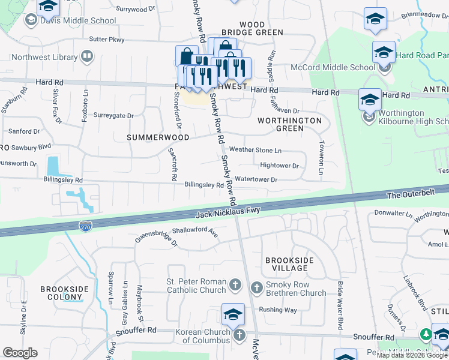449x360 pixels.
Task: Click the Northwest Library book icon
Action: tap(87, 57)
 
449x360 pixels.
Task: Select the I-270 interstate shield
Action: tap(85, 226)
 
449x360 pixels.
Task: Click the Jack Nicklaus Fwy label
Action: tap(228, 212)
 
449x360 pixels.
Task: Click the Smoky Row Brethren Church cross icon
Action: tap(256, 287)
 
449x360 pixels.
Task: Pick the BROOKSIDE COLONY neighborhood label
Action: tap(64, 293)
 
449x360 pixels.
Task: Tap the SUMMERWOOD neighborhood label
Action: tap(158, 137)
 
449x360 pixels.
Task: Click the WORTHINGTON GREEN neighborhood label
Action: tap(289, 124)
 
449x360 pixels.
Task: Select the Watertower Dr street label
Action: tap(256, 179)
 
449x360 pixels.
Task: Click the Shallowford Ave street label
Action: tap(195, 230)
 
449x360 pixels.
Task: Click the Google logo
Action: tap(20, 353)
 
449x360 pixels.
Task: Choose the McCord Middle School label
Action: tap(333, 67)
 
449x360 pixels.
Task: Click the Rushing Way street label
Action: tap(278, 310)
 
